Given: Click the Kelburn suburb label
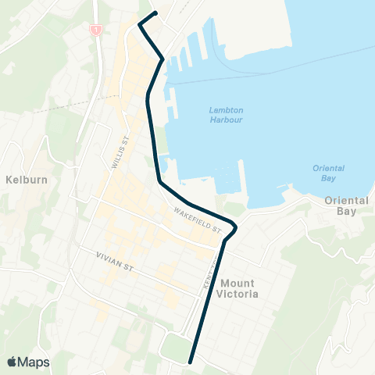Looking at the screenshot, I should point(23,179).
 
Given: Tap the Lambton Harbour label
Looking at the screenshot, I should point(227,115).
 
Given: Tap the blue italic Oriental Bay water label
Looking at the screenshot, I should point(327,173).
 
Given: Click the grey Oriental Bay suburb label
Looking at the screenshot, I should point(345,205).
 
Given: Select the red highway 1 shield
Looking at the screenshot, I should point(95,30).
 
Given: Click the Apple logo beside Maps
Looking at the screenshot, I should point(12,362).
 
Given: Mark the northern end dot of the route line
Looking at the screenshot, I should point(156,12).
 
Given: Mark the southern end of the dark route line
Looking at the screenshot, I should point(191,362).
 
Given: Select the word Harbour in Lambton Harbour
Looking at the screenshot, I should point(227,120).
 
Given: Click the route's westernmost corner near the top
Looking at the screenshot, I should point(140,24).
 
